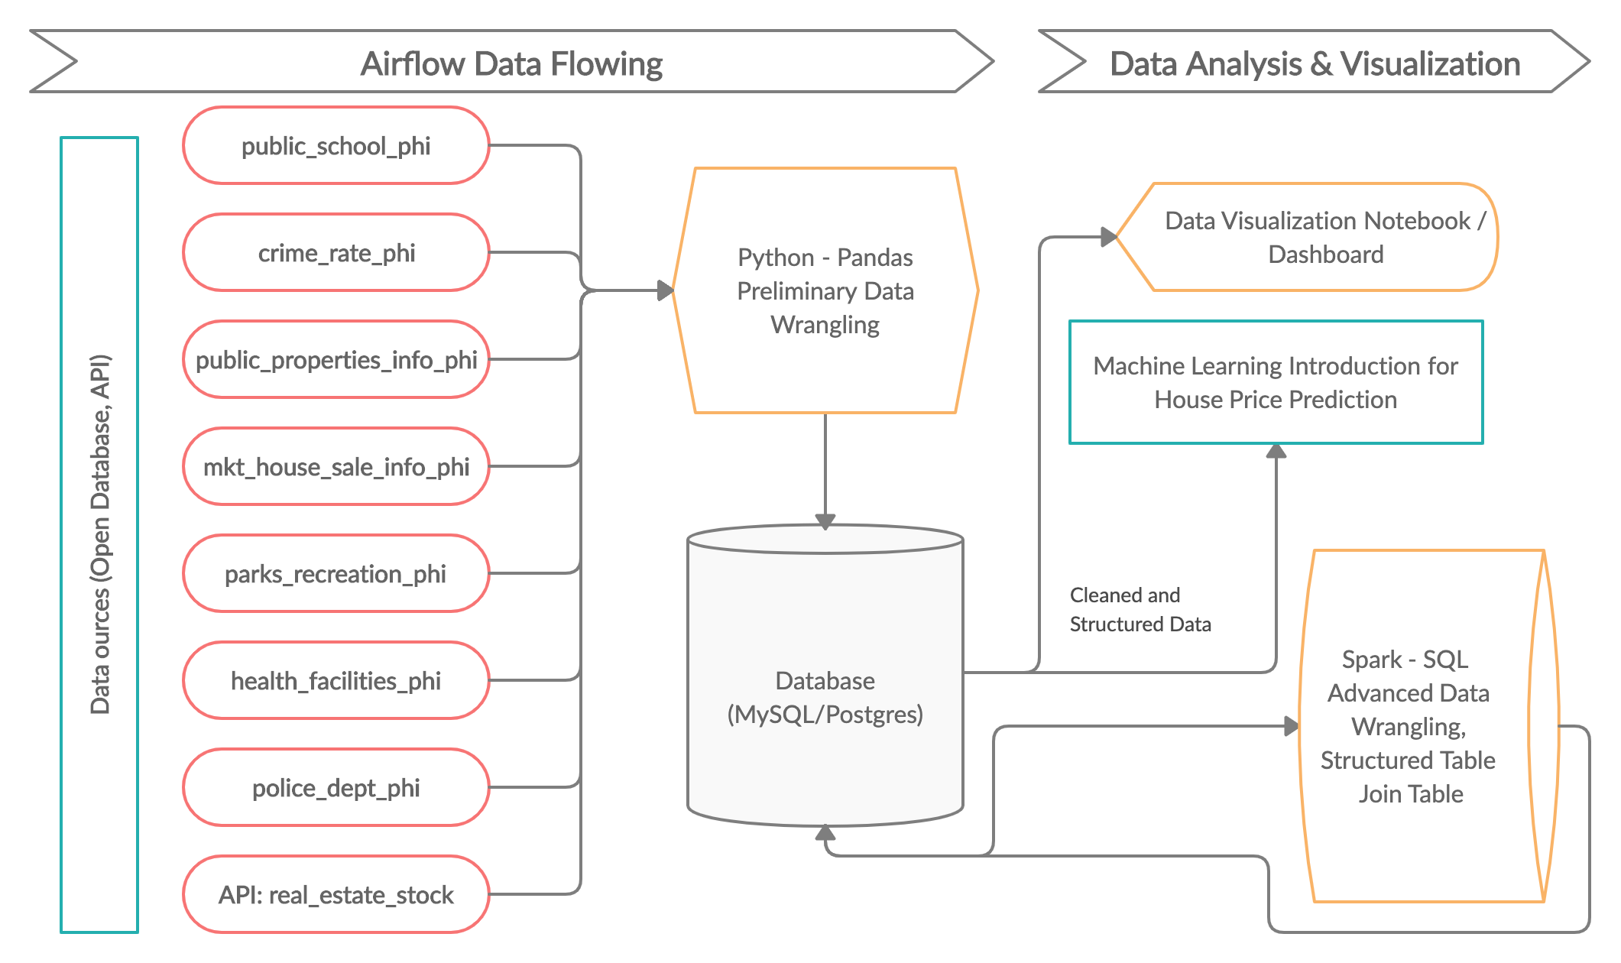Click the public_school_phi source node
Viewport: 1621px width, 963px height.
[x=336, y=146]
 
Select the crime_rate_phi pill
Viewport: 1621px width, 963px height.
[x=336, y=253]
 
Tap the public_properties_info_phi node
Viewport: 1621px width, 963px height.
[x=336, y=360]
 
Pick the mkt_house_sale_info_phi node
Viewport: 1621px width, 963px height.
[x=336, y=467]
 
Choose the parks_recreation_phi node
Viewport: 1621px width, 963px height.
[x=336, y=574]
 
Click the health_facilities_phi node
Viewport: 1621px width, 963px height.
[x=336, y=681]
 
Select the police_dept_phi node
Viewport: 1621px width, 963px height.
[x=336, y=788]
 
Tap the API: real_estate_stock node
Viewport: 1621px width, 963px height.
[x=336, y=895]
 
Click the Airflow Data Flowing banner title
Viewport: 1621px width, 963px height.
[x=511, y=63]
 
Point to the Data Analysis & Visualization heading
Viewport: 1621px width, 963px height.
[x=1315, y=63]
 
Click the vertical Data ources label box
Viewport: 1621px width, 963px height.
[x=99, y=535]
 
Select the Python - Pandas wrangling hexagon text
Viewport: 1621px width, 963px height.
[x=825, y=291]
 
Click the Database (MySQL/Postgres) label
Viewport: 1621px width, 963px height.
[x=825, y=697]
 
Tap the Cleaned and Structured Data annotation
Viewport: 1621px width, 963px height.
[x=1140, y=609]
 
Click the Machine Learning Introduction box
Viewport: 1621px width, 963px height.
[x=1276, y=383]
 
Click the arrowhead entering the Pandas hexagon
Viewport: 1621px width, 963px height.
[x=665, y=290]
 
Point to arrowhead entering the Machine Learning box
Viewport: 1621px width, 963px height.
[x=1276, y=451]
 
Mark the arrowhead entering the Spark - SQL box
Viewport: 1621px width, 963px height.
[x=1292, y=726]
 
